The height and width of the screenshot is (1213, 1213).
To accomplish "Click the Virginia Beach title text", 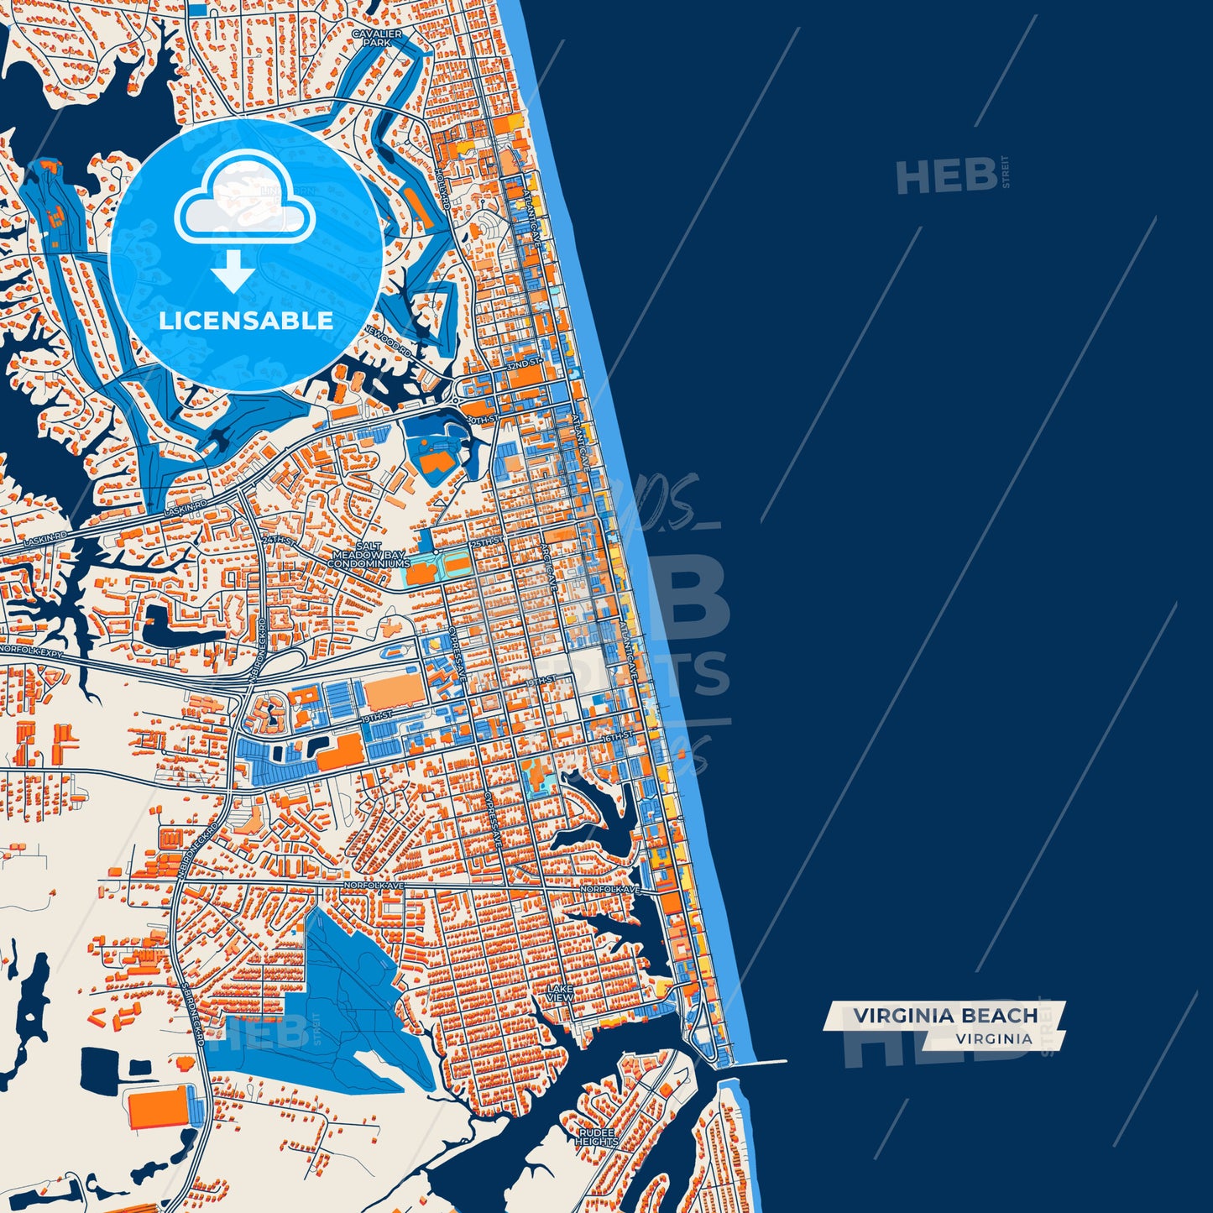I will coord(945,1016).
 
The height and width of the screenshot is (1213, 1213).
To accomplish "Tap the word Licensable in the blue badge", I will coord(246,321).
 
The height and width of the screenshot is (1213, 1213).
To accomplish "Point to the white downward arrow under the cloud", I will coord(233,271).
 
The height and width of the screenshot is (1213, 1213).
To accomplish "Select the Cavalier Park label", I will coord(376,38).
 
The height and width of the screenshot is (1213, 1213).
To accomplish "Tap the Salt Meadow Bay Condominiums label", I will coord(368,556).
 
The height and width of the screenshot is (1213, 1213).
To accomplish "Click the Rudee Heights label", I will coord(597,1137).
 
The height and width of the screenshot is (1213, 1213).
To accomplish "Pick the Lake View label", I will coord(560,993).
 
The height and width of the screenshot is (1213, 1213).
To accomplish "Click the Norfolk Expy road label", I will coord(32,651).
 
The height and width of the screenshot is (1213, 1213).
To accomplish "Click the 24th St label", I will coord(279,541).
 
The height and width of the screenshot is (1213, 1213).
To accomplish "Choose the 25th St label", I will coord(485,543).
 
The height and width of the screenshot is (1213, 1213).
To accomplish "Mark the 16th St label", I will coord(618,736).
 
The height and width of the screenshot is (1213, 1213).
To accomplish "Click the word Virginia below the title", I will coord(993,1038).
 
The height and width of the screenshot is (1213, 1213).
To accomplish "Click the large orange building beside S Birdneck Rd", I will coord(159,1107).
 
